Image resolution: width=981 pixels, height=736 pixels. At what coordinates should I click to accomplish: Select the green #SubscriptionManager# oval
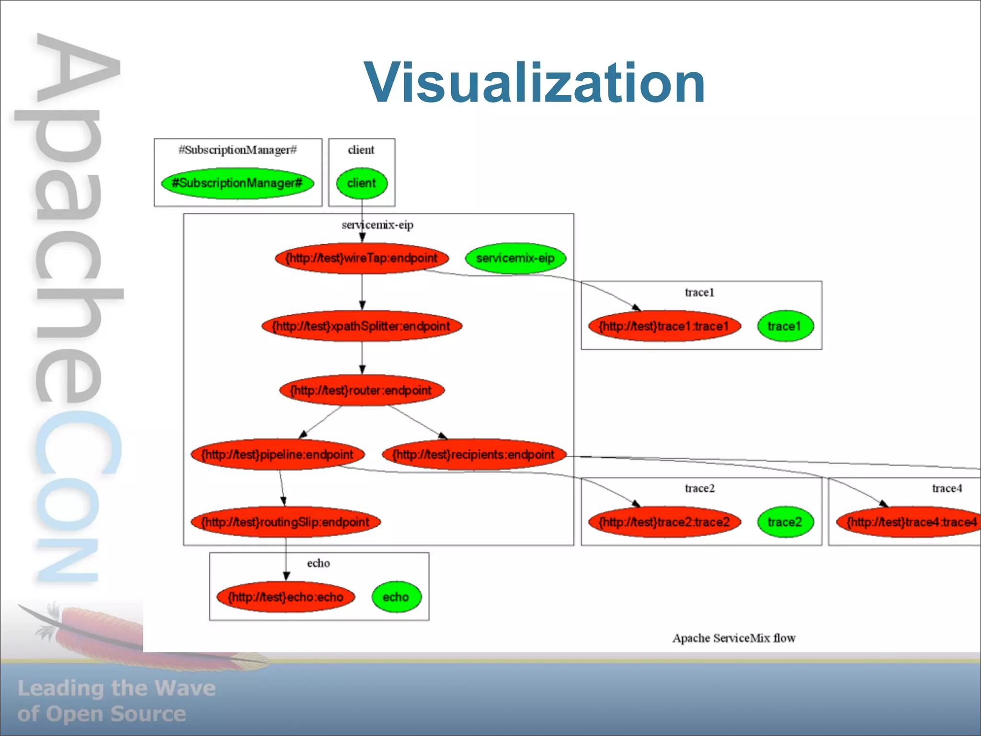point(238,183)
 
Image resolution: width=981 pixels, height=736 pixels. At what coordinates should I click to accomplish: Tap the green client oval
point(362,183)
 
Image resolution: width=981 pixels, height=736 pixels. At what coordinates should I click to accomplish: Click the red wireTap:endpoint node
point(362,258)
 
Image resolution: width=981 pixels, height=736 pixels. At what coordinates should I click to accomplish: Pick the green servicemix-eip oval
point(515,258)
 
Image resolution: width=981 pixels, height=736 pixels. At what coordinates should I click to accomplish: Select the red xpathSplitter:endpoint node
point(362,326)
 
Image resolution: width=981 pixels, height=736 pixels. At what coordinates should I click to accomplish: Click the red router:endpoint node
point(362,390)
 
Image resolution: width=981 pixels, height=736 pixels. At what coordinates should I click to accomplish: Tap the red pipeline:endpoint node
point(277,454)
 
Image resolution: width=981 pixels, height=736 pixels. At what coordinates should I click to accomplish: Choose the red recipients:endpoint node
point(474,454)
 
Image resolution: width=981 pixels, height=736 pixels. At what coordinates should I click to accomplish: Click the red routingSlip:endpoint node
point(285,522)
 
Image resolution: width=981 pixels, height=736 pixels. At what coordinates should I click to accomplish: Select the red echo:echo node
point(285,597)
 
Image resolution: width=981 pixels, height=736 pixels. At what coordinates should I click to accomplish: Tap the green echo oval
point(396,597)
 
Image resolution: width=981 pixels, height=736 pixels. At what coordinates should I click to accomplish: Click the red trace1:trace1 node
point(664,326)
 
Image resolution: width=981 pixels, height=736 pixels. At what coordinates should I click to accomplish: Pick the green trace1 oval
point(785,326)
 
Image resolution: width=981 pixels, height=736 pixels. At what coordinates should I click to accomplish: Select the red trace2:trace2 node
point(664,522)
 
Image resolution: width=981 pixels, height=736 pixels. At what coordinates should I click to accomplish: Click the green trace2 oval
point(785,522)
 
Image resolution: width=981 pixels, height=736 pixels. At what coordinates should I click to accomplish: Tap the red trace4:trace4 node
point(910,522)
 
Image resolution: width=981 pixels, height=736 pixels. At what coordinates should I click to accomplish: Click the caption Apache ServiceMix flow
point(733,638)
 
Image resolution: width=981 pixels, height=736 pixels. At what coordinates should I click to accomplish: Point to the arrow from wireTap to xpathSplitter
point(362,292)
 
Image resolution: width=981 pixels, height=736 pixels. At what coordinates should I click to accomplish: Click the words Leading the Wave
point(116,688)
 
